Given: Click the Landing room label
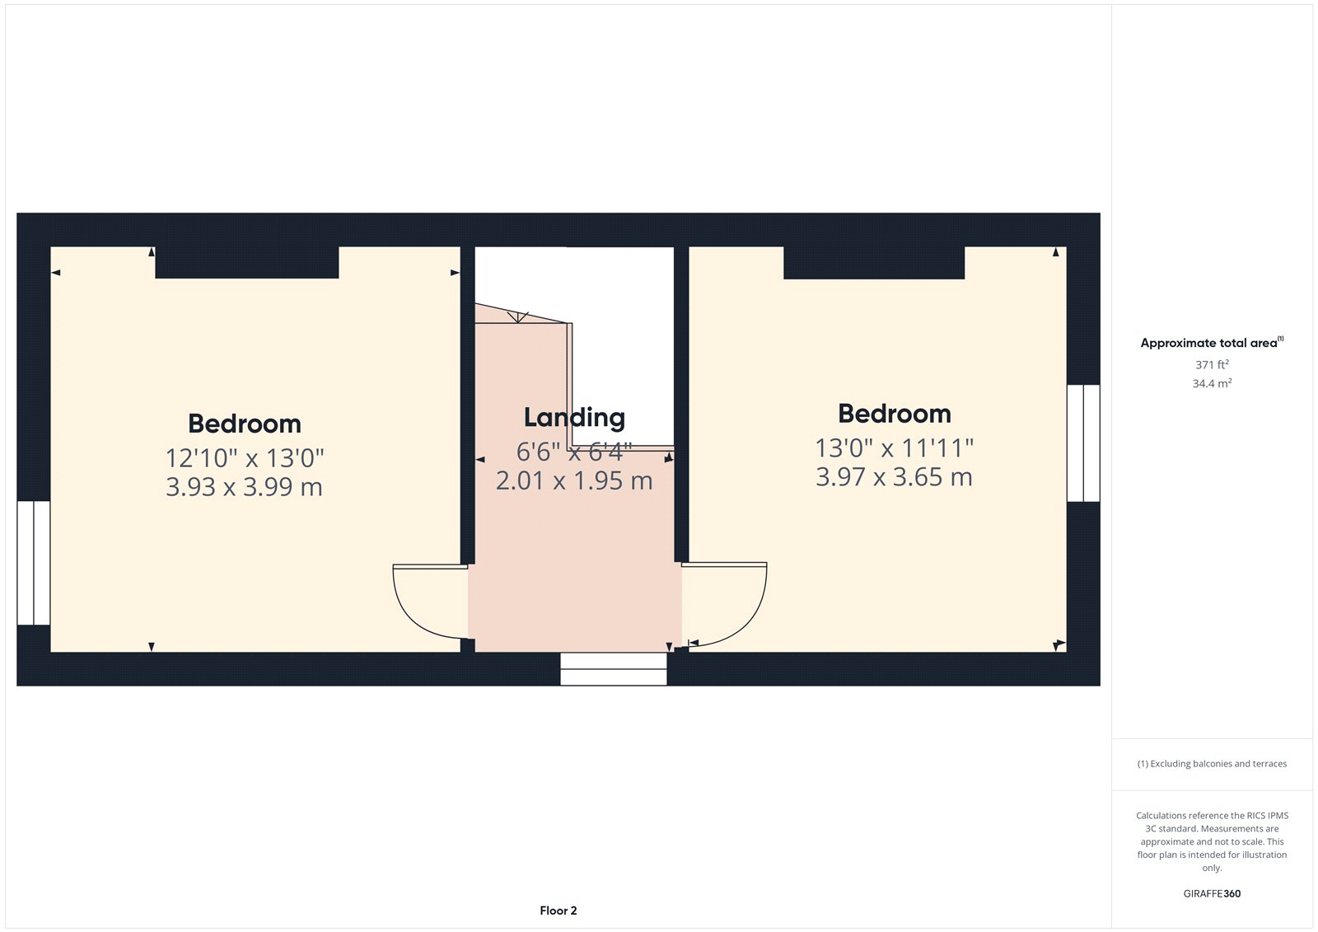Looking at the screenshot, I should point(574,418).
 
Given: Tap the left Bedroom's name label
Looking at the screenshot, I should point(245,424).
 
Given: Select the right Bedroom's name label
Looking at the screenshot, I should point(894,414).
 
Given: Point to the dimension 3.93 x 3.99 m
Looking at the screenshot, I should point(244,487).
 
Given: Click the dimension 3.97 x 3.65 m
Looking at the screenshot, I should point(894,477).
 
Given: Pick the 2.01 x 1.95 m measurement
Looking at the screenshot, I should point(574,480).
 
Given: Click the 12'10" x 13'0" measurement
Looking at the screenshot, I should point(245,457).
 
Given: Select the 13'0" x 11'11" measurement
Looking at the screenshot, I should point(894,448).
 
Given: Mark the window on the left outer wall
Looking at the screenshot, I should point(34,563).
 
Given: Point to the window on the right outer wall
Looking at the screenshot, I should point(1083,443).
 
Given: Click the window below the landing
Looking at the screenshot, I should point(614,669).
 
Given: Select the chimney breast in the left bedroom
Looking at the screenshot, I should point(247,262).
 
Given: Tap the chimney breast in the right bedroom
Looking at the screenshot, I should point(874,262).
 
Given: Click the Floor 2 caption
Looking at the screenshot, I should point(559,911).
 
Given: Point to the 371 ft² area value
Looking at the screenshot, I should point(1212,364).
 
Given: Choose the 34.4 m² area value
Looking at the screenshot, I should point(1212,383).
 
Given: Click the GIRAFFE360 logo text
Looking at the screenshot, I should point(1212,893).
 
